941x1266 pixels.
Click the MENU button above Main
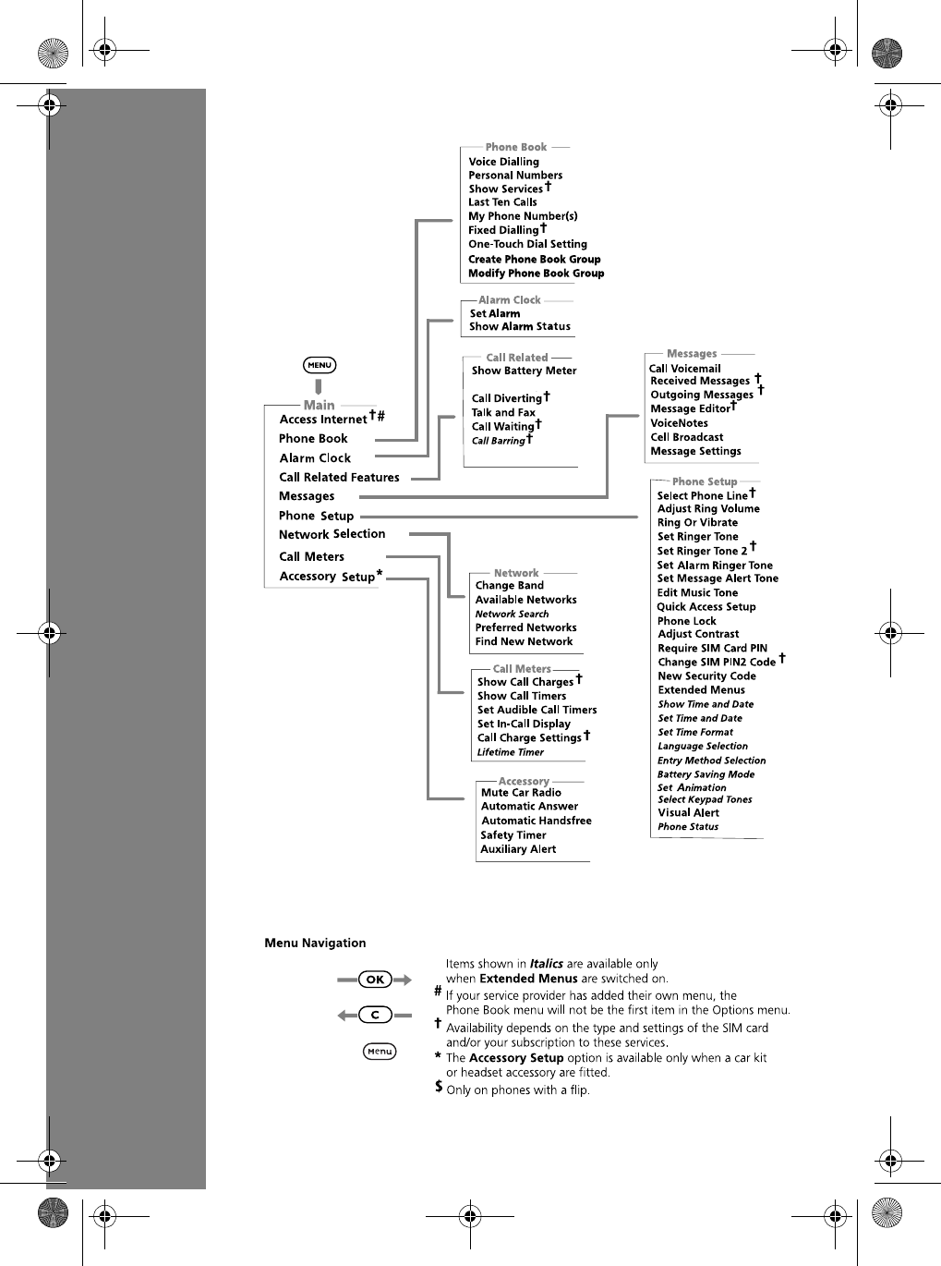320,365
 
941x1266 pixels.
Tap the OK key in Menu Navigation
375,980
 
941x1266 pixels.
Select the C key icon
375,1015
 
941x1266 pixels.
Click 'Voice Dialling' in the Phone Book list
503,162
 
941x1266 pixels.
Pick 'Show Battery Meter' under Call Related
524,371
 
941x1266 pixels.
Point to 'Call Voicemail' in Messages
684,368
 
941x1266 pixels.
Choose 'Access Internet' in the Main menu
323,420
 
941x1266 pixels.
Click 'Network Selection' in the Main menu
332,534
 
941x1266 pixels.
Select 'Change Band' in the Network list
509,586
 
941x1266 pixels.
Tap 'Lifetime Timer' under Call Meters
510,752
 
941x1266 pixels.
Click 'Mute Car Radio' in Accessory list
521,793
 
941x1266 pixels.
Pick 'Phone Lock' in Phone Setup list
686,621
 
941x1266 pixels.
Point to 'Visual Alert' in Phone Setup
688,813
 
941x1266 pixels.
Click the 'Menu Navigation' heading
315,943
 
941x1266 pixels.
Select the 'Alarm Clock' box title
510,300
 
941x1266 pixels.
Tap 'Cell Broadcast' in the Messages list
686,437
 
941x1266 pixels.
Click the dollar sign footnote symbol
439,1088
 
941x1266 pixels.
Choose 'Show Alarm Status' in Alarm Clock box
520,326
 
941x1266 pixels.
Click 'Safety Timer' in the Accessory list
513,835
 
